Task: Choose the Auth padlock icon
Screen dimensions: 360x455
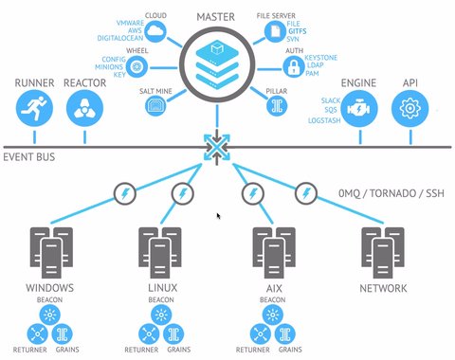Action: (294, 67)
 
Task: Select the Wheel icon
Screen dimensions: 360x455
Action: (138, 66)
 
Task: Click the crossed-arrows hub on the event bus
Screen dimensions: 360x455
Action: (217, 148)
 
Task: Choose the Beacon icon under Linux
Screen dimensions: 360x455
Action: (160, 314)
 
